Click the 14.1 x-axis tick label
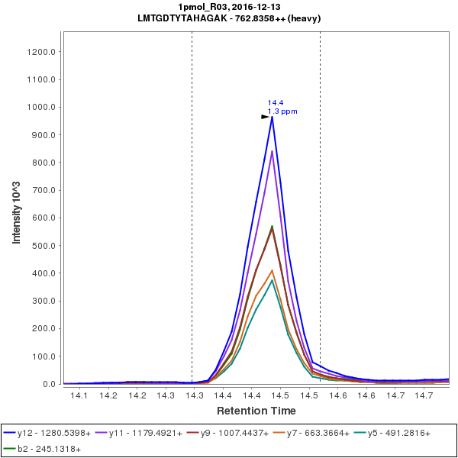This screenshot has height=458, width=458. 79,395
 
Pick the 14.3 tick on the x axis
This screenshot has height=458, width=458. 194,395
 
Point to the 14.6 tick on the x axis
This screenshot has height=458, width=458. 366,395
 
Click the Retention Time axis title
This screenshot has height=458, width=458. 256,411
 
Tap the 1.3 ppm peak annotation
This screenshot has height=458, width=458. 282,111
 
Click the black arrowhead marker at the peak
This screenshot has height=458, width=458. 266,117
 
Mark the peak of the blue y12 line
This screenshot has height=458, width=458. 273,117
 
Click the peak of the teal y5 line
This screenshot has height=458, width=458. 273,280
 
